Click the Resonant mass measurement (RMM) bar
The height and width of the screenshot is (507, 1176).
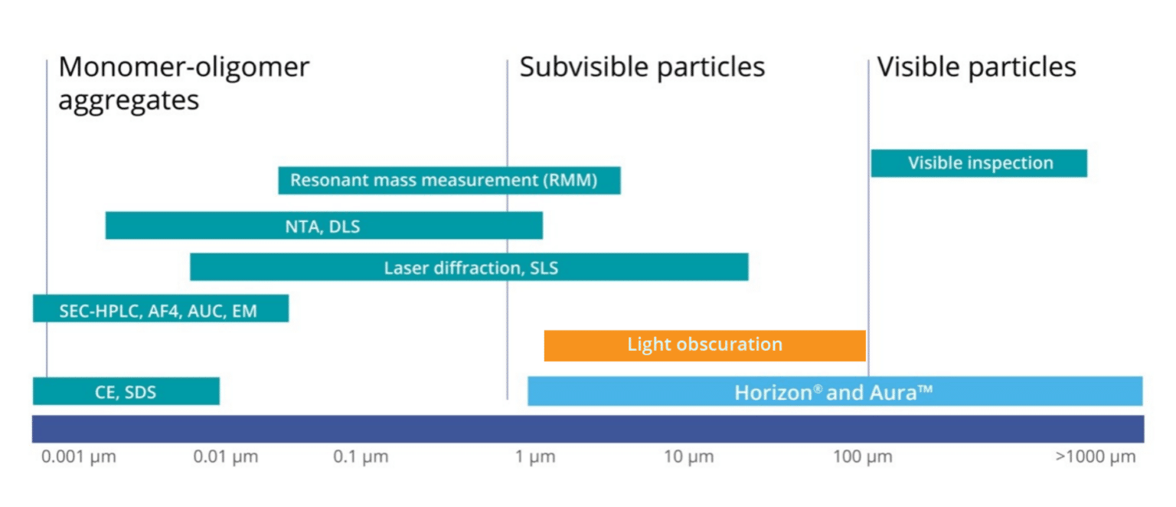click(x=449, y=181)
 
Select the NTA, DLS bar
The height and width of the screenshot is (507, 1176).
click(x=323, y=226)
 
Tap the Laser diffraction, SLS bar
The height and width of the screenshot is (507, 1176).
click(x=469, y=267)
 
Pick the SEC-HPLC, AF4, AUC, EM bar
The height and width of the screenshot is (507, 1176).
click(x=160, y=309)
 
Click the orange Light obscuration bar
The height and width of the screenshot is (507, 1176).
click(x=704, y=345)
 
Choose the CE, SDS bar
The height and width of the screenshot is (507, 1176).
click(x=126, y=391)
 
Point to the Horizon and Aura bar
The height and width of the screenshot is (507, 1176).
click(x=835, y=391)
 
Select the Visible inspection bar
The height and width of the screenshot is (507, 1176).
click(x=979, y=163)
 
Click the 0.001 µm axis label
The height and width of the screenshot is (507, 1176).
click(x=79, y=458)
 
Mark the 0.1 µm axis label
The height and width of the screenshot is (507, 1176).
click(x=361, y=458)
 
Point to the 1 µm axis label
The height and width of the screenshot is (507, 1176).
click(x=535, y=458)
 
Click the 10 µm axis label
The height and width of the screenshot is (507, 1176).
click(x=688, y=458)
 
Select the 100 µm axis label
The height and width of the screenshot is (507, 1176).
click(x=862, y=458)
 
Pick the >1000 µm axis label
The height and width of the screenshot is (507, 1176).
click(x=1095, y=458)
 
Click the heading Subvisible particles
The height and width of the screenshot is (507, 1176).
click(x=642, y=67)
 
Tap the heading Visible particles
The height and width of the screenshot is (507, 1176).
click(x=976, y=67)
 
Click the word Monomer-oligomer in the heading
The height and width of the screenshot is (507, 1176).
click(x=184, y=67)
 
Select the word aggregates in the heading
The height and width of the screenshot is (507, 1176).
click(x=129, y=100)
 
